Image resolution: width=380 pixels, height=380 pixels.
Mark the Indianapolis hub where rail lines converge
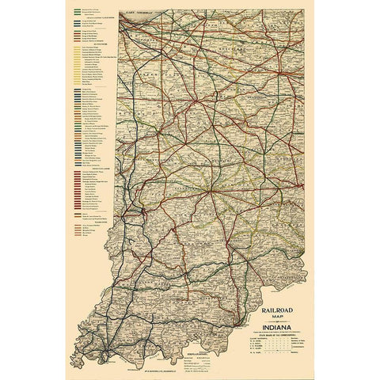click(207, 191)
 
